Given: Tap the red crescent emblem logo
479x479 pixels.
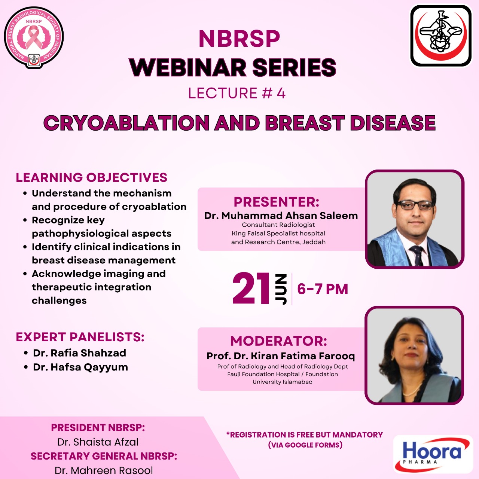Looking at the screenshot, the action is tap(441, 36).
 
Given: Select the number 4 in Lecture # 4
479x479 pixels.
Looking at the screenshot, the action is tap(281, 93).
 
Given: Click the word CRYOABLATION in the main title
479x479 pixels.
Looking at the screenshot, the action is tap(126, 123).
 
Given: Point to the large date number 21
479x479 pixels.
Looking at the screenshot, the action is tap(251, 289).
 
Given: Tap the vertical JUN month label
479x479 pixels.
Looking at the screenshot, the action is tap(281, 289).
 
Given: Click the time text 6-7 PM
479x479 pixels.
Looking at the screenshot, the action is tap(323, 289).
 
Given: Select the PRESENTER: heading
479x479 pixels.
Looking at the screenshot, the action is tap(276, 202).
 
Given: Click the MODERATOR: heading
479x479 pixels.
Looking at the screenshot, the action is tap(278, 341).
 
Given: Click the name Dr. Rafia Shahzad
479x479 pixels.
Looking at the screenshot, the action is tap(80, 353).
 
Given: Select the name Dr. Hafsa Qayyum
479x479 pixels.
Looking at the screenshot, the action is tap(80, 367).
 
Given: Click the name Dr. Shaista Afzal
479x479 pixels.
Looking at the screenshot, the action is tap(98, 442).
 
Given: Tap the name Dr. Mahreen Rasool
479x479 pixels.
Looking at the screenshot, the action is tap(104, 470).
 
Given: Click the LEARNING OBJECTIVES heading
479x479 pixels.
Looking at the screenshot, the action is tap(91, 177).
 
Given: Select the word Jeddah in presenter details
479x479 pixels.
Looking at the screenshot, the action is tap(314, 242).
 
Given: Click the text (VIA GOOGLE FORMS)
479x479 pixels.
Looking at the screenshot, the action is tap(305, 445).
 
